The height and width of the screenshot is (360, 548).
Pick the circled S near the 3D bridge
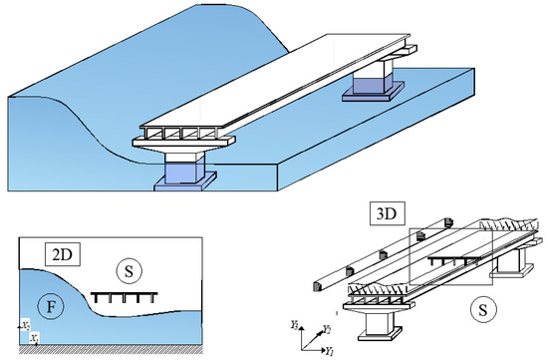pos(485,309)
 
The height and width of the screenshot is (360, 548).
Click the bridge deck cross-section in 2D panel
pos(123,297)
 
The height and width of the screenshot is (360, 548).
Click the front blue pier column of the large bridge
pos(184,170)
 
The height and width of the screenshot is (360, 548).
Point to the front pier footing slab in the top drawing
pos(184,185)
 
